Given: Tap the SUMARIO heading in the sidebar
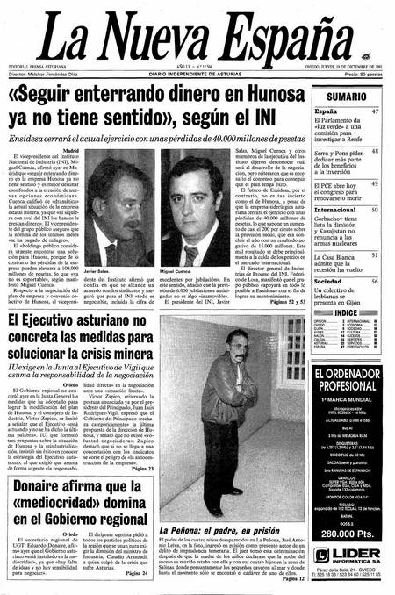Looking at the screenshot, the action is [x=348, y=95].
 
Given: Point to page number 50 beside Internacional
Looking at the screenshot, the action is [x=375, y=211].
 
